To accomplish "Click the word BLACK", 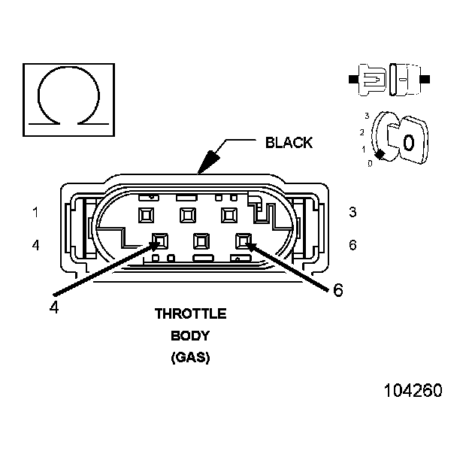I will (x=289, y=143).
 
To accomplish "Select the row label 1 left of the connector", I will (x=35, y=212).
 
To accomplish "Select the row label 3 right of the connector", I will (x=353, y=212).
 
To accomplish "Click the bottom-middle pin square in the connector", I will (x=201, y=241).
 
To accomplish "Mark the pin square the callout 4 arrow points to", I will (x=159, y=241).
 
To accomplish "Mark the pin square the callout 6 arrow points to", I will (x=244, y=241).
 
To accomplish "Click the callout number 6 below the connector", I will (x=337, y=290).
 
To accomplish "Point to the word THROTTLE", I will (x=190, y=313).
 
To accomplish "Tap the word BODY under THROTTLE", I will (x=190, y=335).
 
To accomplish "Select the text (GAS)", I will (x=190, y=358).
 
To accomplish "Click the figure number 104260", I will (x=413, y=391).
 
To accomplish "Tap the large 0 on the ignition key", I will (x=408, y=141).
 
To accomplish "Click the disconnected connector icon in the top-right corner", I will (x=390, y=78).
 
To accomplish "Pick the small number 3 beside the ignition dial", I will (x=366, y=116).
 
